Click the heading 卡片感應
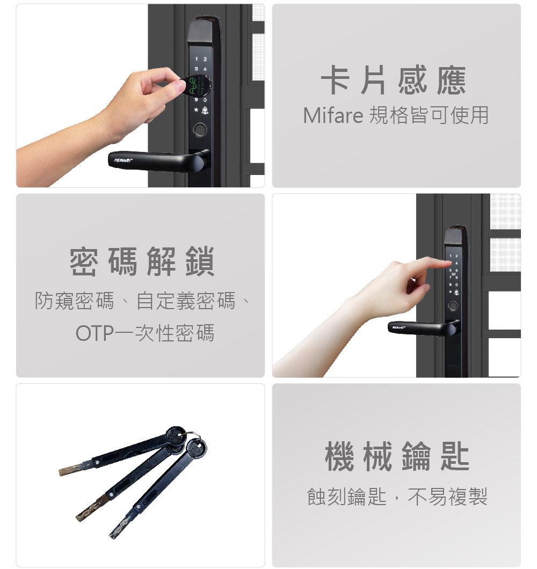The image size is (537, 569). point(394,80)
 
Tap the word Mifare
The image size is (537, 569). point(333,115)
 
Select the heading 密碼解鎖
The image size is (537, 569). point(142,261)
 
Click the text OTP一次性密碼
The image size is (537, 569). point(145,333)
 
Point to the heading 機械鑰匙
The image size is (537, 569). point(397,456)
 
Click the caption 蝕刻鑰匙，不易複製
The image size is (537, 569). point(397,497)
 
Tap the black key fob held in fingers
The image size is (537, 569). point(198,85)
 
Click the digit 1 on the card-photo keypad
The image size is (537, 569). point(197,59)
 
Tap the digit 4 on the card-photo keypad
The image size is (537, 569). point(205,69)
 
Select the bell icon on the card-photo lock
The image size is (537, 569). point(205,110)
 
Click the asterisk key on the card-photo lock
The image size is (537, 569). point(196,110)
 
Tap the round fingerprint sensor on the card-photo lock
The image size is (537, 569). point(200,130)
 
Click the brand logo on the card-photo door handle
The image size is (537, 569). point(124,160)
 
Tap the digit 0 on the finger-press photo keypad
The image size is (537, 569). point(456,285)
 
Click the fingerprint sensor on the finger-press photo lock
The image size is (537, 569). point(453,306)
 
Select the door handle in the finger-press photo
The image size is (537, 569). point(424,327)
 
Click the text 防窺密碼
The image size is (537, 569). point(75,301)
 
